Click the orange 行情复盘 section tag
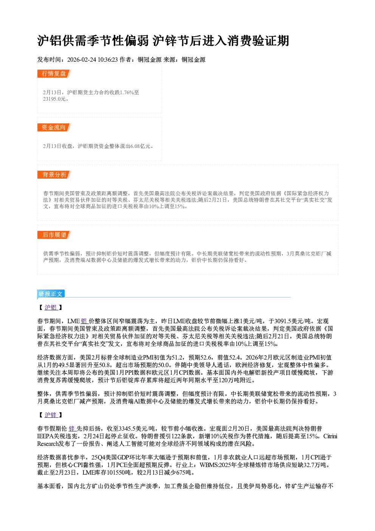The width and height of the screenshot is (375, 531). [x=54, y=73]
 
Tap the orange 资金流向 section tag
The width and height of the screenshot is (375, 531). [x=54, y=127]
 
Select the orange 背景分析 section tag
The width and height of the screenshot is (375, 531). [x=54, y=175]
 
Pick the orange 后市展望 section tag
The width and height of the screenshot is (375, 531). [x=54, y=235]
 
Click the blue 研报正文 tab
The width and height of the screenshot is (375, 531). [x=51, y=294]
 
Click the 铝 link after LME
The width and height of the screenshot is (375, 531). [x=84, y=321]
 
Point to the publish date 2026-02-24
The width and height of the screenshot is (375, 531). [x=82, y=59]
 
